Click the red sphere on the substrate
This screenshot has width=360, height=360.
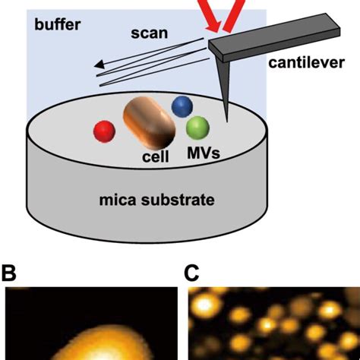pyautogui.click(x=103, y=131)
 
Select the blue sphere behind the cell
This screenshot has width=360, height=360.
pyautogui.click(x=182, y=107)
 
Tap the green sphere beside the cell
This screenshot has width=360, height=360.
pyautogui.click(x=197, y=128)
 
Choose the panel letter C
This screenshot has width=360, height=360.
pyautogui.click(x=194, y=270)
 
